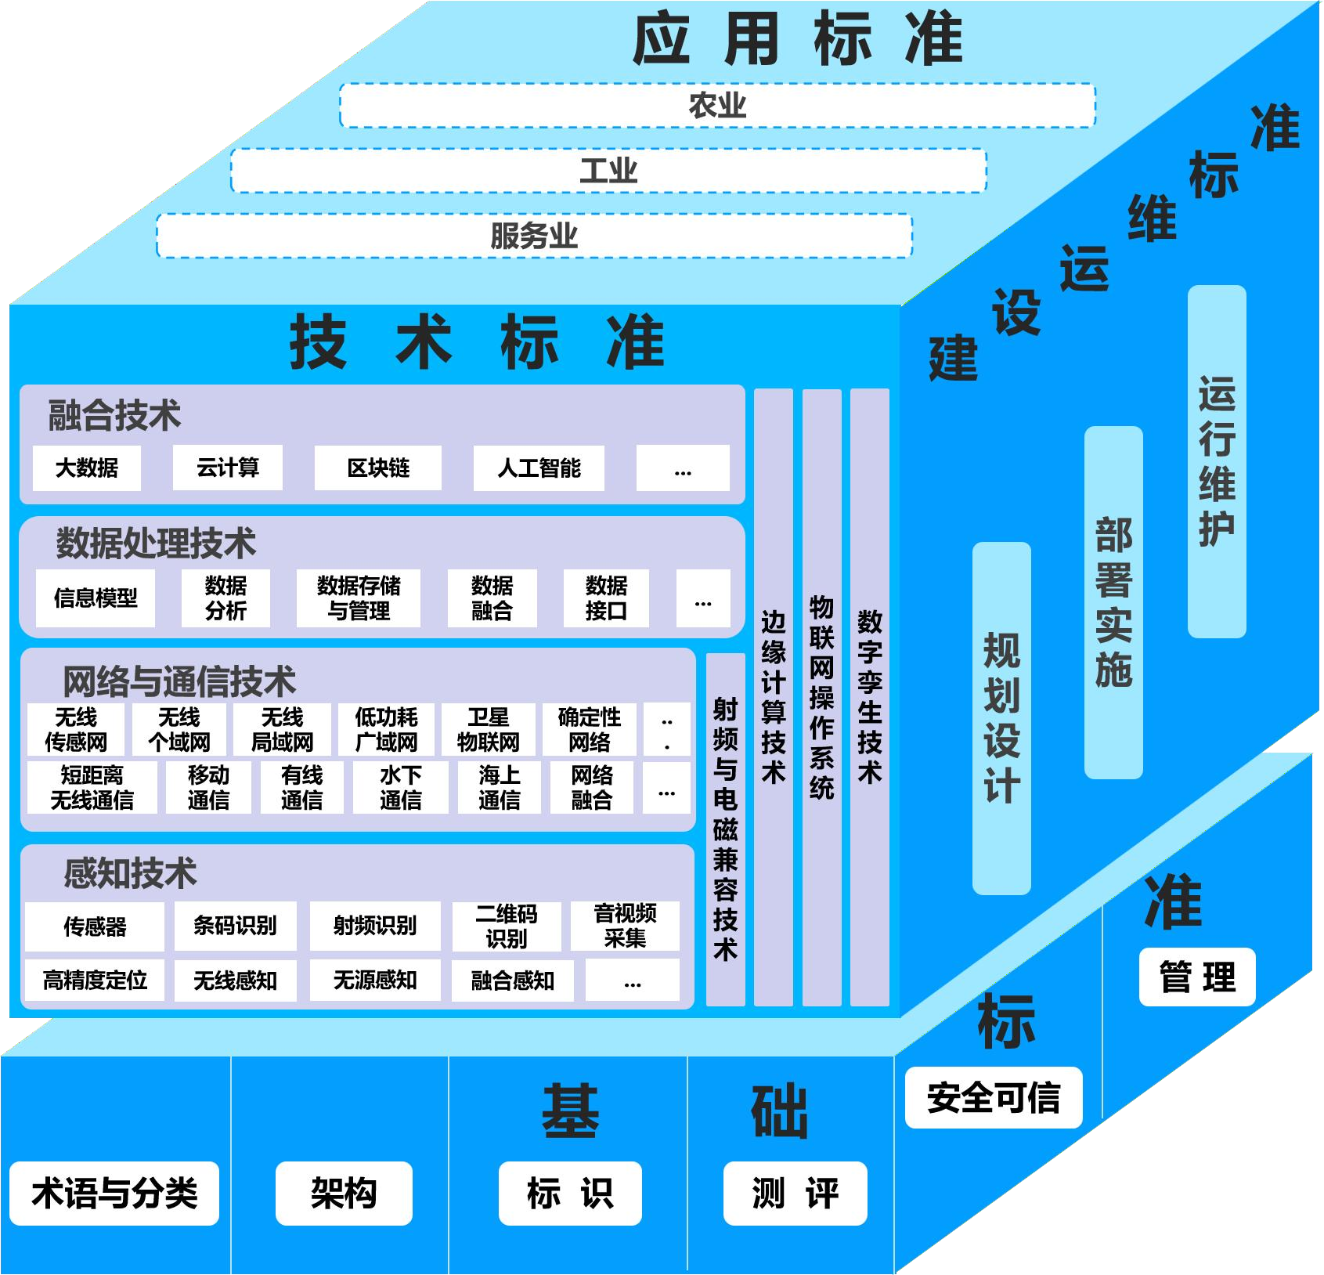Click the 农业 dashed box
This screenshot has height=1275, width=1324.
(717, 105)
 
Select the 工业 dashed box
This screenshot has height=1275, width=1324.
(608, 171)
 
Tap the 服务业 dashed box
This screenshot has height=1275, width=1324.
(534, 236)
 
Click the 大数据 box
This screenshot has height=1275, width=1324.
(87, 468)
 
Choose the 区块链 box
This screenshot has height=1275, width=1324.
(378, 468)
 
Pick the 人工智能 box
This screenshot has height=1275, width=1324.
(539, 468)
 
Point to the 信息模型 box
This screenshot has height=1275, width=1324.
(96, 598)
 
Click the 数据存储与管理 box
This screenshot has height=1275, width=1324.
(359, 598)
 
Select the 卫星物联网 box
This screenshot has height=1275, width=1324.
(489, 729)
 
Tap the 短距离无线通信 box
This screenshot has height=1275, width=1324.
(92, 788)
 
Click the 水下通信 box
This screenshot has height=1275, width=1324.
(401, 788)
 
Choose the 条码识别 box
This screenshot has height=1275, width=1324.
(235, 926)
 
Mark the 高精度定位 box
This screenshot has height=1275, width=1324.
(95, 980)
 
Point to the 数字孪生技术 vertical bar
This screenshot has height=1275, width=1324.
(870, 697)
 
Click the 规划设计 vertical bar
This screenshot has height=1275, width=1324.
(1001, 717)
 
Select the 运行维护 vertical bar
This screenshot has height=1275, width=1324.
(1217, 461)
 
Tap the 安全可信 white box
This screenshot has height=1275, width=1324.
(994, 1097)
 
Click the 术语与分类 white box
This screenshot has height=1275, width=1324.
(114, 1193)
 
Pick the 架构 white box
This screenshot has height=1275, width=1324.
(344, 1193)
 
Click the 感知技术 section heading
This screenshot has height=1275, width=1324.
(130, 873)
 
